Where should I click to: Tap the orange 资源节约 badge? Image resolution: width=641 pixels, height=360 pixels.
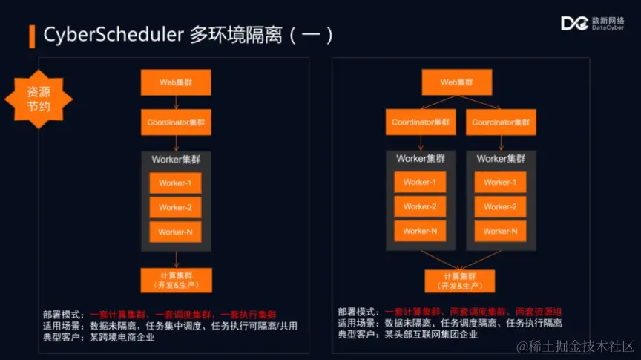(x=38, y=99)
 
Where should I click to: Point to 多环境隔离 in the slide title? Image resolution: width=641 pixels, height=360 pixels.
(x=242, y=34)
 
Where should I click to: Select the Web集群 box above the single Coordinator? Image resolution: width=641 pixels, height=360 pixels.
(x=176, y=82)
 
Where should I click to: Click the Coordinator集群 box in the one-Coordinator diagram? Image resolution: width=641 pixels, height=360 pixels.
(x=176, y=122)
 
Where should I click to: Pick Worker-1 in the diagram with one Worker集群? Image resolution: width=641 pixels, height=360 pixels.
(x=175, y=183)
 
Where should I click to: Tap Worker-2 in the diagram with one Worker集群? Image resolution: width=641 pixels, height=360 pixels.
(x=175, y=207)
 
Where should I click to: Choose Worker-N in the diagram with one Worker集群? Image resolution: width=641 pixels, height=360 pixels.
(x=175, y=232)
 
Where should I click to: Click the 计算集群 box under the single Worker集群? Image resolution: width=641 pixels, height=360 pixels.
(x=176, y=280)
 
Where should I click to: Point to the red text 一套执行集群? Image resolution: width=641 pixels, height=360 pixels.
(x=250, y=315)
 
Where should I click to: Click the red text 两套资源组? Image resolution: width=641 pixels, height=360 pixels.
(x=538, y=312)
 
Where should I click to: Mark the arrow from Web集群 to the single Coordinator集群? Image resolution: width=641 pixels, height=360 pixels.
(x=176, y=102)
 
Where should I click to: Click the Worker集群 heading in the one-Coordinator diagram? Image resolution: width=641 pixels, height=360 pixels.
(x=176, y=159)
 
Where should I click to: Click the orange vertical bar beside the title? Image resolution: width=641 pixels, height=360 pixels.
(x=32, y=35)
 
